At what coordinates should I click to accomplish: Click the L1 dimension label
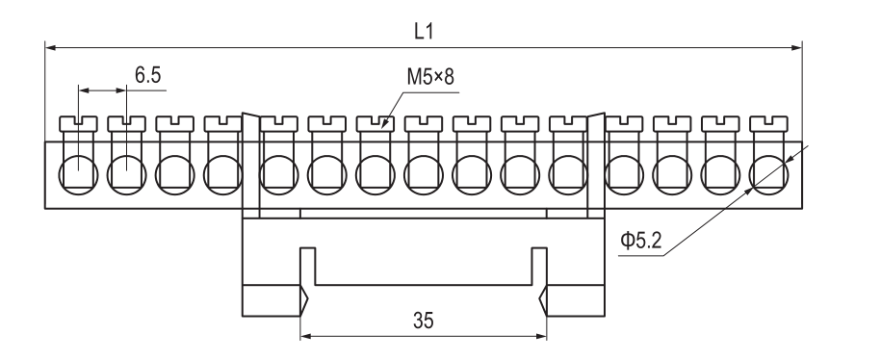click(424, 32)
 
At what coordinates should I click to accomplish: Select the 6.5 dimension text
click(147, 74)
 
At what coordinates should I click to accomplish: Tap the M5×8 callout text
click(430, 77)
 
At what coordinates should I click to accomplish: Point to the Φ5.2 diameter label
click(641, 241)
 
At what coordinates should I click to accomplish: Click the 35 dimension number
click(424, 321)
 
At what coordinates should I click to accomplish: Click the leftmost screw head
click(78, 123)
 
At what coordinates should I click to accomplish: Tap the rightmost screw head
click(768, 123)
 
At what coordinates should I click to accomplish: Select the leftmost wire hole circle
click(78, 174)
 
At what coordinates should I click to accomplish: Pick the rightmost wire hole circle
click(768, 174)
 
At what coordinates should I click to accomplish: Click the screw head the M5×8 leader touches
click(375, 123)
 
